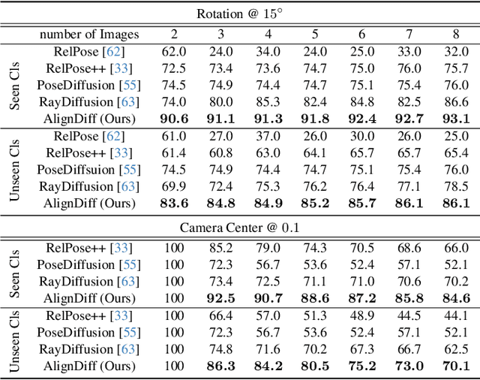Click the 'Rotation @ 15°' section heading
tap(240, 14)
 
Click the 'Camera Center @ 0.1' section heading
tap(240, 227)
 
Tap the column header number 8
tap(455, 34)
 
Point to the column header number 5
tap(314, 34)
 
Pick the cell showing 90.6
tap(174, 119)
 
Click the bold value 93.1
tap(455, 119)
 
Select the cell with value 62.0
tap(174, 51)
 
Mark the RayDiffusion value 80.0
tap(220, 101)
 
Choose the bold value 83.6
tap(174, 203)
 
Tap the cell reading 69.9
tap(174, 186)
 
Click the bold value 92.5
tap(220, 298)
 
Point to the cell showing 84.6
tap(455, 298)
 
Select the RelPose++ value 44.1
tap(455, 315)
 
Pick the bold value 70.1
tap(455, 366)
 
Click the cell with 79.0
tap(268, 248)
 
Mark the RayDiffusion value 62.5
tap(455, 349)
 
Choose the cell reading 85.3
tap(268, 101)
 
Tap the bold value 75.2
tap(361, 366)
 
